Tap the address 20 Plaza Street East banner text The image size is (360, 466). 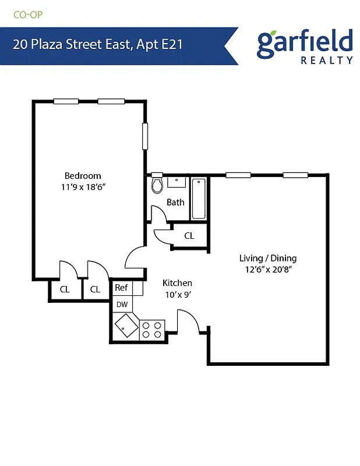click(x=98, y=45)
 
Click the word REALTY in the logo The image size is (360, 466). click(x=327, y=59)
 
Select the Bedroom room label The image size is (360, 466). click(x=82, y=175)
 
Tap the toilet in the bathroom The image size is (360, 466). click(x=156, y=185)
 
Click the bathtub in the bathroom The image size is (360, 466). click(x=199, y=199)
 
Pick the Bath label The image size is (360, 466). click(x=175, y=202)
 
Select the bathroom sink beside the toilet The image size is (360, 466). click(x=176, y=182)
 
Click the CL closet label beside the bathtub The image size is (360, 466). click(x=189, y=236)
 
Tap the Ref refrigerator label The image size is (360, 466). click(x=121, y=288)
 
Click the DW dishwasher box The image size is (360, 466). click(x=122, y=304)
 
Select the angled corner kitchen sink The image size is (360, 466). click(x=125, y=326)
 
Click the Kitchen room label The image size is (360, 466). click(x=177, y=283)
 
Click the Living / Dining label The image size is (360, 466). click(x=268, y=258)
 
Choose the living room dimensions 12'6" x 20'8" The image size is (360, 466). click(x=268, y=270)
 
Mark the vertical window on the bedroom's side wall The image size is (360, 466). click(x=145, y=136)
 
